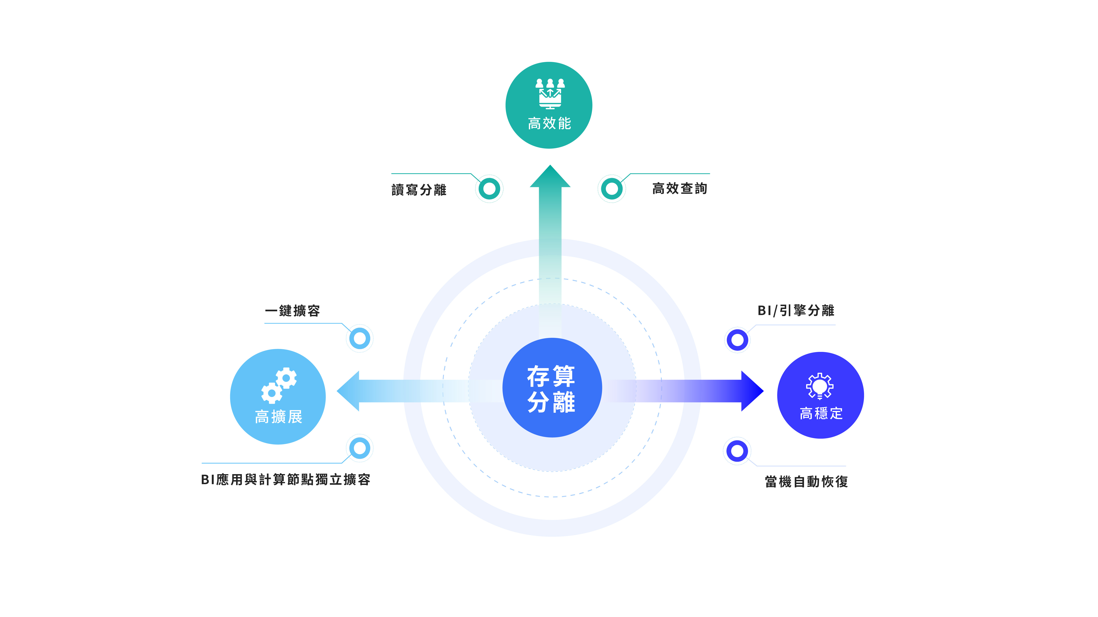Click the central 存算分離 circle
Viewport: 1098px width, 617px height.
(552, 388)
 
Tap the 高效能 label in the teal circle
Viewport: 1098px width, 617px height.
(549, 124)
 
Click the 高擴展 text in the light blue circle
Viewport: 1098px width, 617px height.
(278, 417)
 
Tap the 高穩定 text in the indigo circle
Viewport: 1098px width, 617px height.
(821, 413)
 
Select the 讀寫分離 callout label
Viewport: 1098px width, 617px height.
(419, 190)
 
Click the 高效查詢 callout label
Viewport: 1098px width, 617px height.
(679, 188)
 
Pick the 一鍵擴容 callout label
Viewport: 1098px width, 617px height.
(292, 311)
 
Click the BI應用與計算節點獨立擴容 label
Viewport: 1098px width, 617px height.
(285, 480)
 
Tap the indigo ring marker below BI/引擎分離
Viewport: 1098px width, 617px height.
(737, 340)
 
